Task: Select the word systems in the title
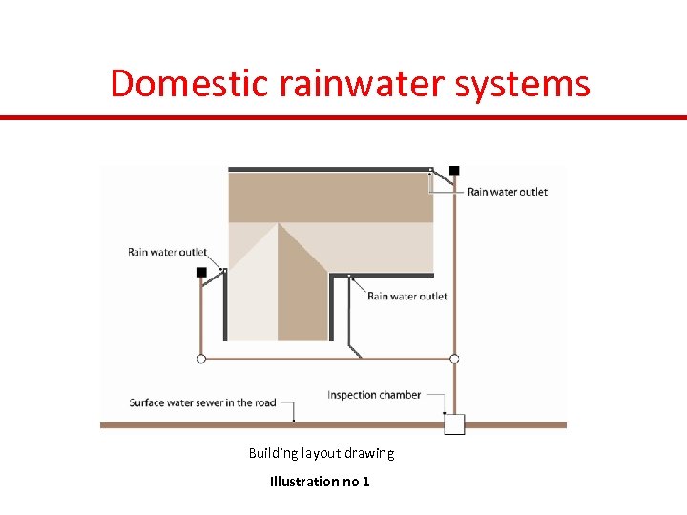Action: (534, 83)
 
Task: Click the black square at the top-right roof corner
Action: (454, 171)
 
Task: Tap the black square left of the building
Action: (201, 273)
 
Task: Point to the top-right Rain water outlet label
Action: (507, 192)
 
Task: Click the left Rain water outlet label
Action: (167, 253)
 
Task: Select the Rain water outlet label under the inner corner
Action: (406, 297)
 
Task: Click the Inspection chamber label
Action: (374, 395)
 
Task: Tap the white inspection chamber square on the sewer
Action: (454, 424)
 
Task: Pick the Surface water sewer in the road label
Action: (202, 402)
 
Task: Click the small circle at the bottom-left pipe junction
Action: (201, 359)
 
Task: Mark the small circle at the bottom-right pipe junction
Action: (454, 359)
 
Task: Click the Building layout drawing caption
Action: (322, 453)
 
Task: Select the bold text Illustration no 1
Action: (320, 482)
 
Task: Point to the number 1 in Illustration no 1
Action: (366, 482)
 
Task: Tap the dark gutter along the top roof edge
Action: (329, 170)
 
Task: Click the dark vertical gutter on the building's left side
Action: (225, 305)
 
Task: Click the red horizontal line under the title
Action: (343, 117)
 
